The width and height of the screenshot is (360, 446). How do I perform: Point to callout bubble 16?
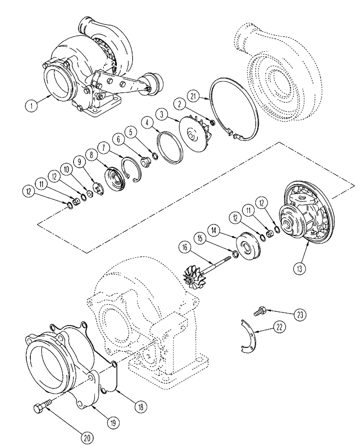(x=184, y=247)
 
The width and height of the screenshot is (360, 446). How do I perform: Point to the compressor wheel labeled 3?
(x=195, y=130)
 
